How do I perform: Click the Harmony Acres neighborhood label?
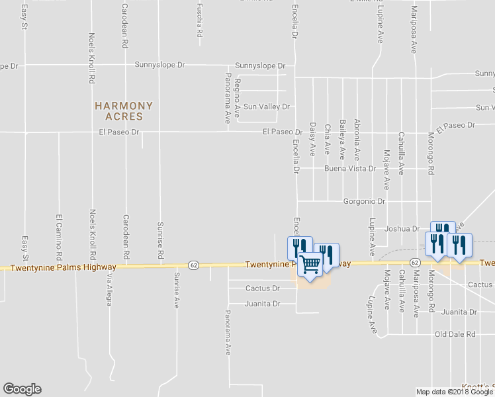[124, 110]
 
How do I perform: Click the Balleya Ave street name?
[342, 139]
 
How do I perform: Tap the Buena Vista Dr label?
[349, 169]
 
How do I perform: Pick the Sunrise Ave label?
[177, 290]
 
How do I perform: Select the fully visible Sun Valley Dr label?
[267, 107]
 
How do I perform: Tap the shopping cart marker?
[310, 265]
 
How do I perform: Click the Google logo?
[22, 389]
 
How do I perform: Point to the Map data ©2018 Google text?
[453, 392]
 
